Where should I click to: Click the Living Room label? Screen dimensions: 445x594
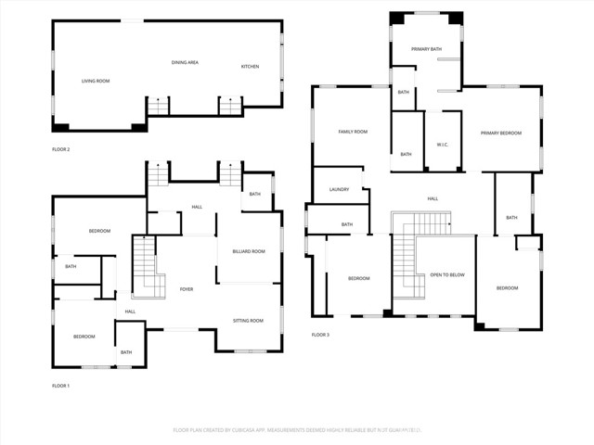pyautogui.click(x=96, y=82)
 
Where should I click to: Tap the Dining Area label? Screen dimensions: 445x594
pyautogui.click(x=185, y=63)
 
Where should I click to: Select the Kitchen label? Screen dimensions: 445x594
pyautogui.click(x=251, y=67)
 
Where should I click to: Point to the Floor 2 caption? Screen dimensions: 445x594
pyautogui.click(x=61, y=149)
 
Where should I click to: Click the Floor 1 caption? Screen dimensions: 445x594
pyautogui.click(x=61, y=385)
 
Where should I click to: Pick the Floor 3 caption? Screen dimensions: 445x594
pyautogui.click(x=320, y=335)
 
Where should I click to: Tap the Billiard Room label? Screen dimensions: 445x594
pyautogui.click(x=249, y=251)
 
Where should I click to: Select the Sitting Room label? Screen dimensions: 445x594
pyautogui.click(x=248, y=321)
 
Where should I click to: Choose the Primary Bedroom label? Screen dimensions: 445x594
pyautogui.click(x=501, y=133)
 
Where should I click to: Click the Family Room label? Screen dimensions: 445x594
pyautogui.click(x=353, y=133)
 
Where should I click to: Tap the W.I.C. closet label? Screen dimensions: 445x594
pyautogui.click(x=443, y=144)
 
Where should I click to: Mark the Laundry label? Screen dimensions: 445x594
pyautogui.click(x=339, y=190)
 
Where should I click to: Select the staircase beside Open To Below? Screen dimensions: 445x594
pyautogui.click(x=405, y=269)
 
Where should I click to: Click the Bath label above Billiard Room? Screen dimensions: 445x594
pyautogui.click(x=254, y=194)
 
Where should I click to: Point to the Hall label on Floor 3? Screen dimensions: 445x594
pyautogui.click(x=433, y=199)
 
